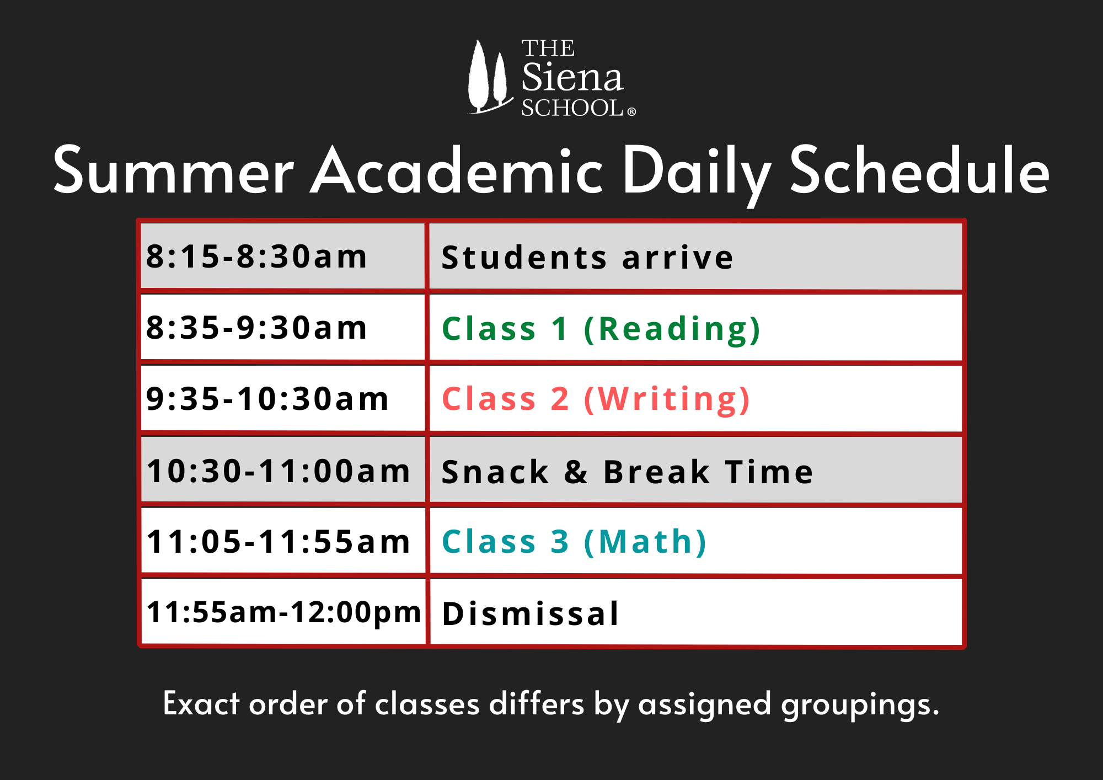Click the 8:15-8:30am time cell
(x=283, y=256)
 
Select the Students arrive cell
(x=695, y=257)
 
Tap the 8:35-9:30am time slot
(x=283, y=327)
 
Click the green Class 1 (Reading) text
(x=601, y=329)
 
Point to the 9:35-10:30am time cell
(x=283, y=398)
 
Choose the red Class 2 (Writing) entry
(x=596, y=399)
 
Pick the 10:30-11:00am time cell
(x=283, y=470)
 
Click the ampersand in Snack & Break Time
(x=576, y=472)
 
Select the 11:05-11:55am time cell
(x=283, y=541)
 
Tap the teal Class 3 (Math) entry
(x=574, y=542)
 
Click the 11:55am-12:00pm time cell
(x=283, y=612)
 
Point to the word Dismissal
(x=531, y=613)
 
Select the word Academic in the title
(x=457, y=170)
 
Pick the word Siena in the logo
(x=572, y=77)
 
